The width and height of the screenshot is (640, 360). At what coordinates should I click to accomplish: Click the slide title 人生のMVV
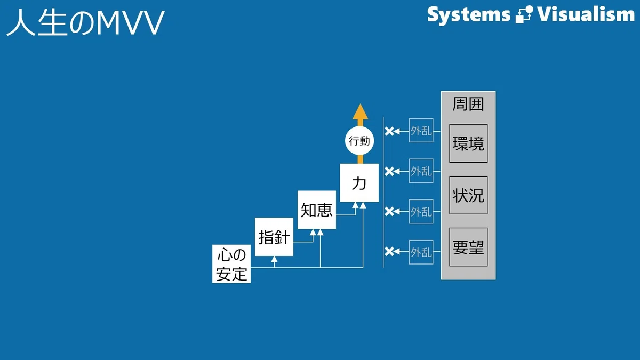pyautogui.click(x=85, y=22)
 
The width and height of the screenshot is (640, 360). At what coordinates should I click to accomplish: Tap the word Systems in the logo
pyautogui.click(x=469, y=15)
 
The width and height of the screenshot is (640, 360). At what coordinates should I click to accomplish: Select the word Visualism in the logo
pyautogui.click(x=586, y=14)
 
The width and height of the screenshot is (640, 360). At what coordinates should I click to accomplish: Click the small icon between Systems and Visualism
pyautogui.click(x=524, y=14)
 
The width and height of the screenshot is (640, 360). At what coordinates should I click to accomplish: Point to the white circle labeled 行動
pyautogui.click(x=359, y=141)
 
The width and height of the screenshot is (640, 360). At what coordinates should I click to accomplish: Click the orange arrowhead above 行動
pyautogui.click(x=361, y=111)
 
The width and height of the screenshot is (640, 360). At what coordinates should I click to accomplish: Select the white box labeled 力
pyautogui.click(x=359, y=183)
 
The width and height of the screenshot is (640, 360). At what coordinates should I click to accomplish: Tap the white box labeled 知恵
pyautogui.click(x=317, y=210)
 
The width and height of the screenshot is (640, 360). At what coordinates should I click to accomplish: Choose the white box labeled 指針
pyautogui.click(x=274, y=237)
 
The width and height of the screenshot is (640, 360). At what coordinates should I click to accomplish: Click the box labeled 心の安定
pyautogui.click(x=231, y=263)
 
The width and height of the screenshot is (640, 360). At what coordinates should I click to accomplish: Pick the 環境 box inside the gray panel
pyautogui.click(x=468, y=143)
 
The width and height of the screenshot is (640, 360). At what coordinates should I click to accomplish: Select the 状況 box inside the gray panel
pyautogui.click(x=468, y=195)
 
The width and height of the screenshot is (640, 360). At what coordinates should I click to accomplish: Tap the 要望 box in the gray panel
pyautogui.click(x=468, y=247)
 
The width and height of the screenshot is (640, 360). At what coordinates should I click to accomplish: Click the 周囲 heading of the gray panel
pyautogui.click(x=468, y=104)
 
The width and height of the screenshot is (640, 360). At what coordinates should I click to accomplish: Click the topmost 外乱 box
pyautogui.click(x=421, y=130)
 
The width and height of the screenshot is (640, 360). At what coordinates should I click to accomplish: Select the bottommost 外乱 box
pyautogui.click(x=421, y=252)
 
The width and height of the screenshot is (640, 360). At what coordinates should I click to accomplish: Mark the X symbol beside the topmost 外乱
pyautogui.click(x=389, y=131)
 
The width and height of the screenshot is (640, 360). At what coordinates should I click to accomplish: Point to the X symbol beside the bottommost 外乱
pyautogui.click(x=389, y=251)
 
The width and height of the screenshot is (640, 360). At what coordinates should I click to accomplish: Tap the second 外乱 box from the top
pyautogui.click(x=421, y=171)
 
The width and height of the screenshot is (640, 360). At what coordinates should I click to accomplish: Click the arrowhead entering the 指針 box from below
pyautogui.click(x=274, y=259)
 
